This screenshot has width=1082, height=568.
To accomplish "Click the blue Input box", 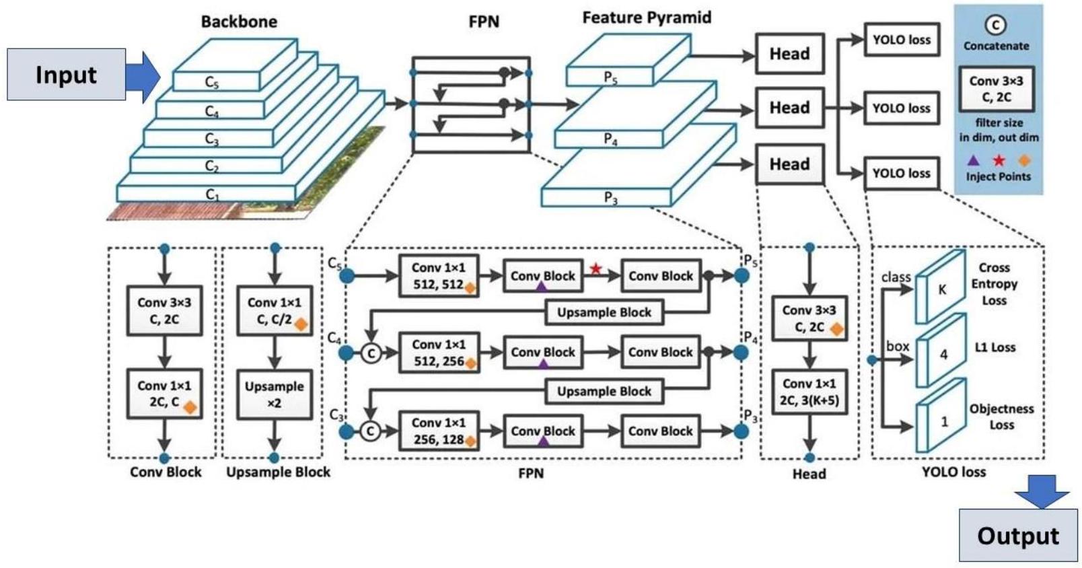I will (x=66, y=74).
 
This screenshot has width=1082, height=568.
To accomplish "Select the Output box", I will (x=1017, y=535).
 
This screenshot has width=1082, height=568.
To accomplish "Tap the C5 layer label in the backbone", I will (x=211, y=82).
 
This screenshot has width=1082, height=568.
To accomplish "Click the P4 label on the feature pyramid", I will (x=610, y=139).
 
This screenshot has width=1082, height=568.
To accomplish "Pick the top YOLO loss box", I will (x=901, y=40).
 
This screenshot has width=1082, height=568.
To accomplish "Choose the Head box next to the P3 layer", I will (x=789, y=164).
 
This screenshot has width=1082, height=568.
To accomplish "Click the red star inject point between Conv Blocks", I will (x=596, y=269).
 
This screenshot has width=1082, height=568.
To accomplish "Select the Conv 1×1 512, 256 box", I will (x=439, y=353).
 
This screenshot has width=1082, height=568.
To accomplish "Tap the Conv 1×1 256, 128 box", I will (x=439, y=431).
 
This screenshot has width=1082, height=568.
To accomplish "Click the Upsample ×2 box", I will (x=274, y=394).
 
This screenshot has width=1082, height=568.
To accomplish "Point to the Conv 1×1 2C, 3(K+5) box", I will (x=809, y=392).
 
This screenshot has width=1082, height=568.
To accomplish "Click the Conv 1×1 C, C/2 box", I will (x=274, y=311).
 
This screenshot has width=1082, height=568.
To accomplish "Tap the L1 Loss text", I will (x=995, y=347).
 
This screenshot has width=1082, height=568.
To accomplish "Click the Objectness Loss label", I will (x=1001, y=417).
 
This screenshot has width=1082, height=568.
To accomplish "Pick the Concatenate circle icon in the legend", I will (x=995, y=26).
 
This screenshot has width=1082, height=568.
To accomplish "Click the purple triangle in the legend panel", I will (x=973, y=160).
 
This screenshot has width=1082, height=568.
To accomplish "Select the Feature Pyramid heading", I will (x=647, y=17).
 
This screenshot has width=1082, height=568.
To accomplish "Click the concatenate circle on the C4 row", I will (x=371, y=353).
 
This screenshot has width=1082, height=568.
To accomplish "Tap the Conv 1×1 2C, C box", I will (x=164, y=394).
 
